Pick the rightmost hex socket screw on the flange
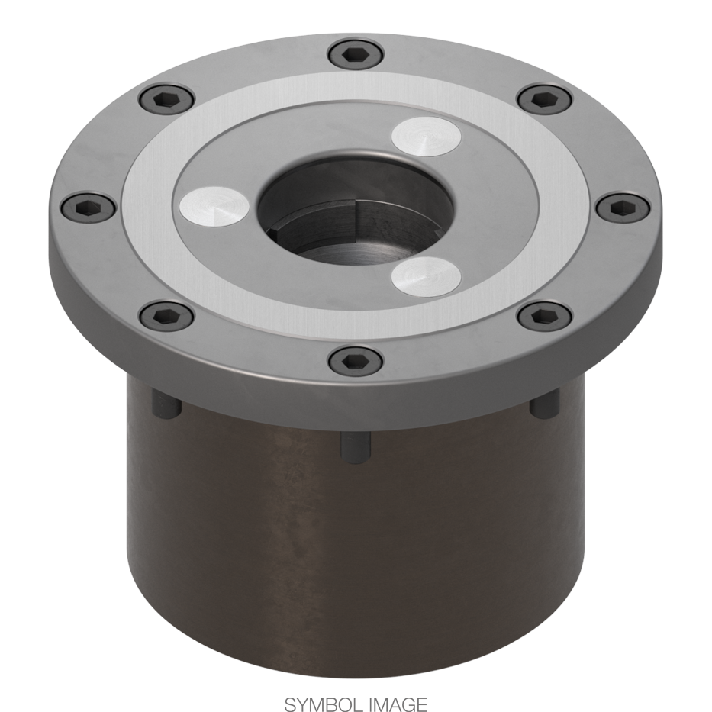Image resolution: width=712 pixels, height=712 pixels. (622, 205)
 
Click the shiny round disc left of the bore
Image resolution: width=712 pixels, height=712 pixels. (214, 205)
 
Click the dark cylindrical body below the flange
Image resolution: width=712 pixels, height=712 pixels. (356, 549)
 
